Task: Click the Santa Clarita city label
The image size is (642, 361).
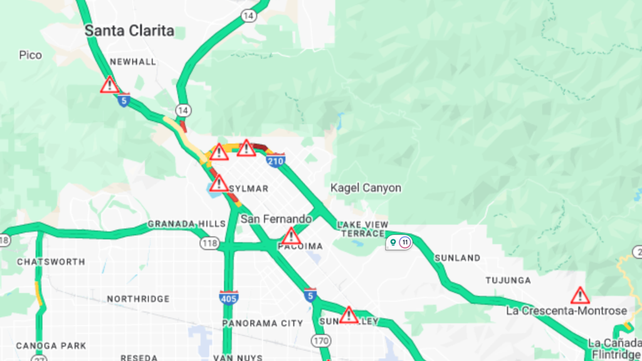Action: coord(129,30)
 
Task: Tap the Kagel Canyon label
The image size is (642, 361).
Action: coord(366,188)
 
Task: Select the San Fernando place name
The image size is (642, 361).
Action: coord(276,219)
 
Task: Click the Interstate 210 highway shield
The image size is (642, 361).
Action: coord(275,162)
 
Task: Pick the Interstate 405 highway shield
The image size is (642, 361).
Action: coord(229,298)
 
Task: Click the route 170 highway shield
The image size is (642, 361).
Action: coord(322,341)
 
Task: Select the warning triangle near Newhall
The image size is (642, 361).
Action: coord(110,85)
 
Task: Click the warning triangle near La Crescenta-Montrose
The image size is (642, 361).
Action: coord(580,295)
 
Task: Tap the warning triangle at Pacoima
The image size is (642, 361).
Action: coord(291,236)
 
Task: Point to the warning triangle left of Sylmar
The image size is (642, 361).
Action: coord(219,184)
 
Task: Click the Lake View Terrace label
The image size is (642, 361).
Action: coord(362,229)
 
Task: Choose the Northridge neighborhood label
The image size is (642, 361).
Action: coord(138,299)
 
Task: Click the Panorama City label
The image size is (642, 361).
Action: coord(263,323)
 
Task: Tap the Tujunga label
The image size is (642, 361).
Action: coord(508,280)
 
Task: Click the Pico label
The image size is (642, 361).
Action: coord(30,55)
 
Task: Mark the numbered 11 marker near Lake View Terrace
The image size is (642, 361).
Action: coord(405,242)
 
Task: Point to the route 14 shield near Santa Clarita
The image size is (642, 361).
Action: coord(249,15)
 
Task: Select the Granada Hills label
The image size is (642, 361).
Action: coord(186,224)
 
